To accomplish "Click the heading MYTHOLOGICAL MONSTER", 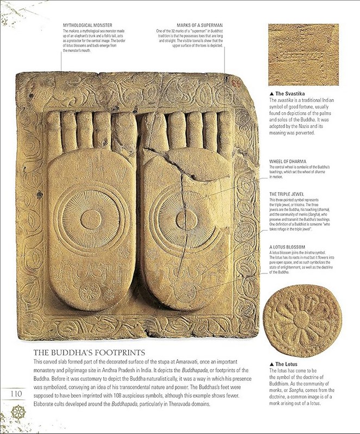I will tap(87, 25).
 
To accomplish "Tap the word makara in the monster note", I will tap(75, 31).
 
